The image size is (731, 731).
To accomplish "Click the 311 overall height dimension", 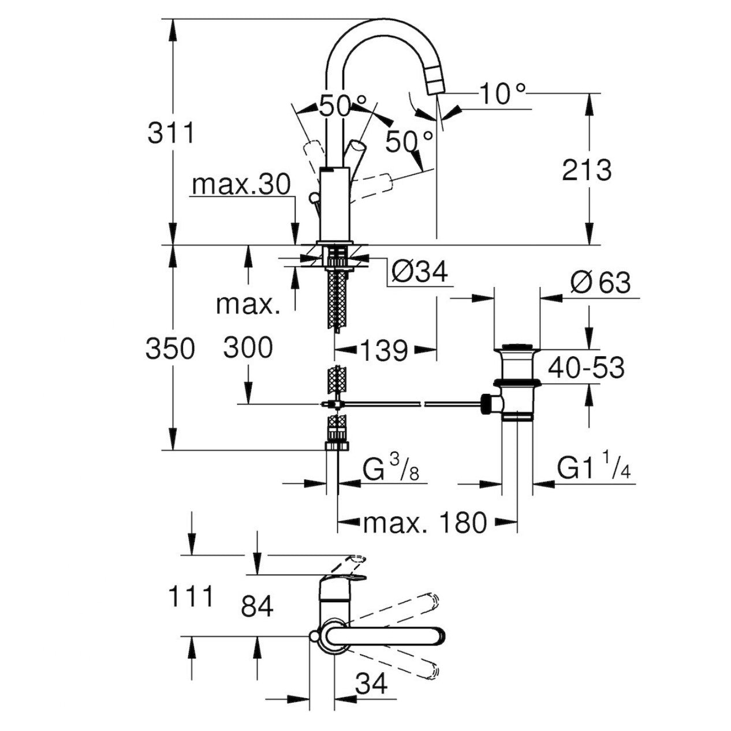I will [171, 133].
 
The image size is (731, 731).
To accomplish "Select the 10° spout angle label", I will [502, 94].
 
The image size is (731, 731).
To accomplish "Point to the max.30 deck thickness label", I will [241, 185].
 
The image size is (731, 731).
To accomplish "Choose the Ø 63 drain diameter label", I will [601, 283].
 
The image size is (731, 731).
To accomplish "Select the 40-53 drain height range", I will [586, 368].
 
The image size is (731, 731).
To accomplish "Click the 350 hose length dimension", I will [170, 349].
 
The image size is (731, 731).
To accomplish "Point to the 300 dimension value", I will [248, 348].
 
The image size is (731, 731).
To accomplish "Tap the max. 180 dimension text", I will [425, 523].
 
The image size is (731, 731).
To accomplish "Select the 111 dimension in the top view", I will [191, 596].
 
